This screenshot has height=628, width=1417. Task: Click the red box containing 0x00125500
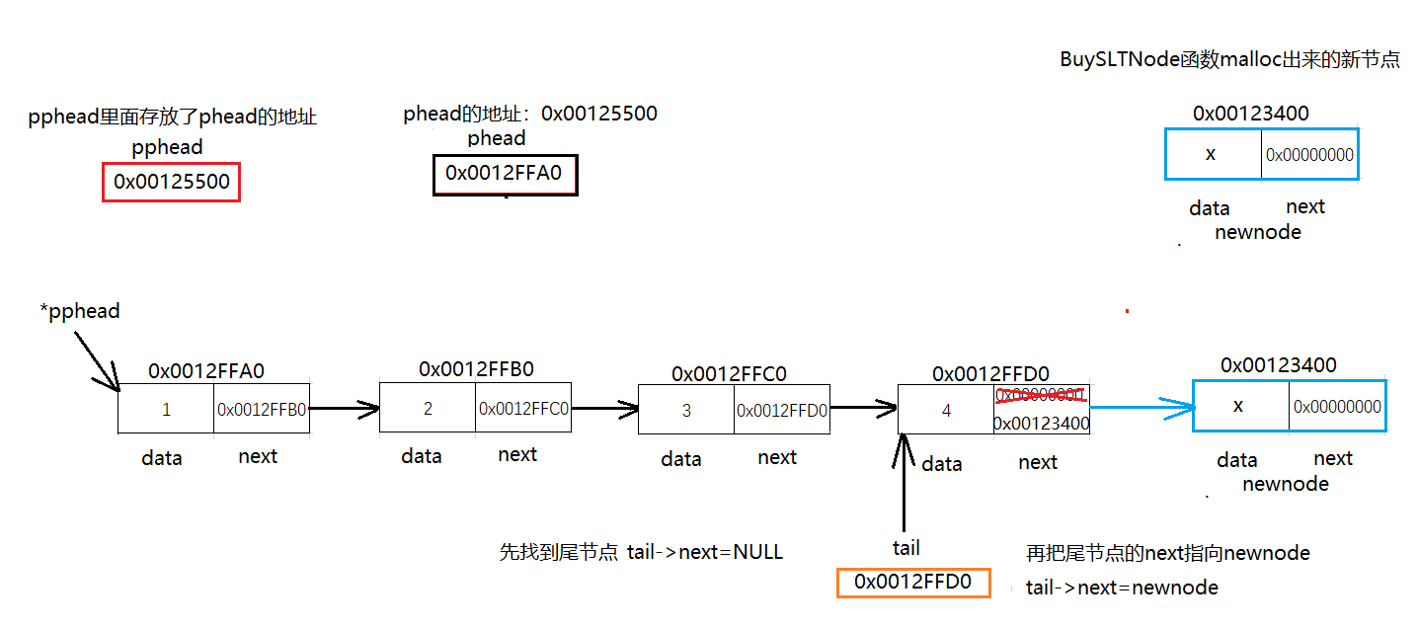pos(172,183)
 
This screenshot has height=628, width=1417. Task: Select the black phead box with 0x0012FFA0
pos(504,175)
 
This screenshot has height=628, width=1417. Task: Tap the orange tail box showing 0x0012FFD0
pos(912,583)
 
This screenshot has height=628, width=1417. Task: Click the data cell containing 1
pos(166,409)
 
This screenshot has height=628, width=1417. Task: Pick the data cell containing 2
pos(428,409)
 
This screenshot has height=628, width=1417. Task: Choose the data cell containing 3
pos(686,410)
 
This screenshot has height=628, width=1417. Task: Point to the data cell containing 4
pos(946,410)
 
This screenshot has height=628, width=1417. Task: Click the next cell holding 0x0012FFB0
pos(262,409)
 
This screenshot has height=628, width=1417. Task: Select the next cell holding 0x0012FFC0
pos(523,409)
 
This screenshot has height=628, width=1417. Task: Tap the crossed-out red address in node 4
pos(1041,396)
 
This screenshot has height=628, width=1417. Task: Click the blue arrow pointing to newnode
pos(1141,405)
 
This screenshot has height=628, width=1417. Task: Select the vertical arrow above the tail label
pos(903,484)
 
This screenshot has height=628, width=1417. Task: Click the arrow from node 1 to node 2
pos(345,407)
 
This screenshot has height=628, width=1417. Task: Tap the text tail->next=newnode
pos(1122,589)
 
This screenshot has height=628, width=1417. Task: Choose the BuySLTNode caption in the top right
pos(1229,59)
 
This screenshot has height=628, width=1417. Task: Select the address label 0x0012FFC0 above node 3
pos(729,374)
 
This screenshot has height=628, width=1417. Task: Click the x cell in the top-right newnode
pos(1212,154)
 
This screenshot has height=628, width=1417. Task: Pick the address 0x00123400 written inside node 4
pos(1041,424)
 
